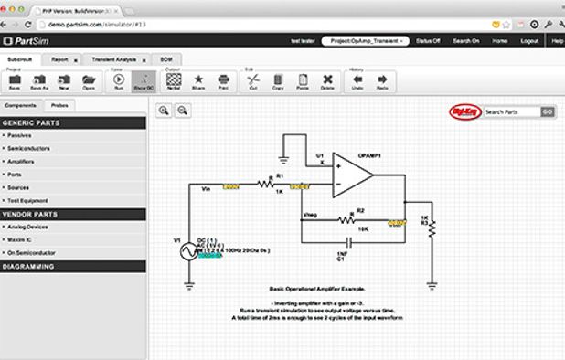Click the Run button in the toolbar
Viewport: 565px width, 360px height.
coord(119,81)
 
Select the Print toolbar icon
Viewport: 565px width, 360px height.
coord(222,81)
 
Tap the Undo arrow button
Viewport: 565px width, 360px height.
coord(357,81)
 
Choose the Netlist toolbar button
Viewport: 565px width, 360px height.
coord(174,81)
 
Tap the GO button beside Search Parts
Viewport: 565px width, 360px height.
coord(547,111)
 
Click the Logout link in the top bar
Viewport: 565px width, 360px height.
coord(529,40)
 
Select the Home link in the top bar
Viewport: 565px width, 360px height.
coord(499,40)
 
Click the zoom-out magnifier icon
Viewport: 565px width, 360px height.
coord(183,111)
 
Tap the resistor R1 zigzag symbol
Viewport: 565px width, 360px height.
coord(267,185)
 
